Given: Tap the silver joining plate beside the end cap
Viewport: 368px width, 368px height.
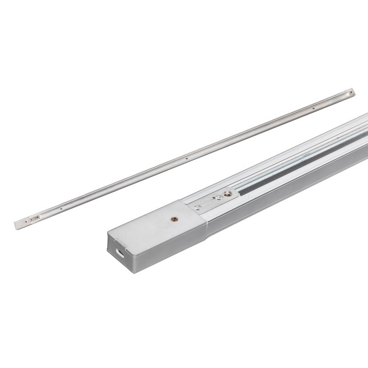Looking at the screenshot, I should coord(209,202).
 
